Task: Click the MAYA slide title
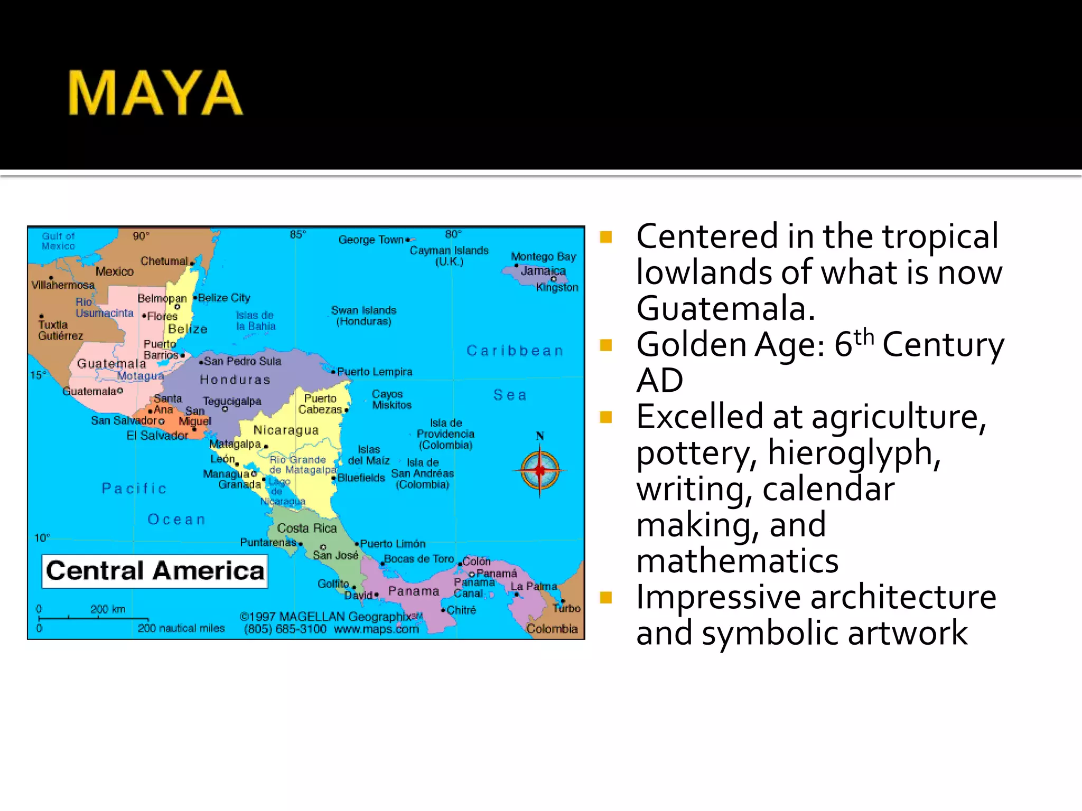(x=155, y=93)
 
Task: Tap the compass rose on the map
(x=539, y=469)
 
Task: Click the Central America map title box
(x=155, y=571)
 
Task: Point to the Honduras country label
(x=235, y=380)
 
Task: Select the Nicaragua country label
(x=286, y=430)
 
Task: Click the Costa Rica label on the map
(x=307, y=528)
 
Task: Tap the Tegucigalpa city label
(x=232, y=401)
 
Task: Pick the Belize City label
(x=224, y=298)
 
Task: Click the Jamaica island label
(x=543, y=271)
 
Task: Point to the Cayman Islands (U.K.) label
(x=449, y=256)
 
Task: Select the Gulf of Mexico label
(x=59, y=241)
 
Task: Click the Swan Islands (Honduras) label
(x=363, y=315)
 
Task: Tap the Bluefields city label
(x=361, y=478)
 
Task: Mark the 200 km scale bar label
(x=108, y=609)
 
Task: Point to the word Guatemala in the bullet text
(x=725, y=308)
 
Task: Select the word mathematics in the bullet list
(x=737, y=561)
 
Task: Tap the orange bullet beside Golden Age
(x=606, y=345)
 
